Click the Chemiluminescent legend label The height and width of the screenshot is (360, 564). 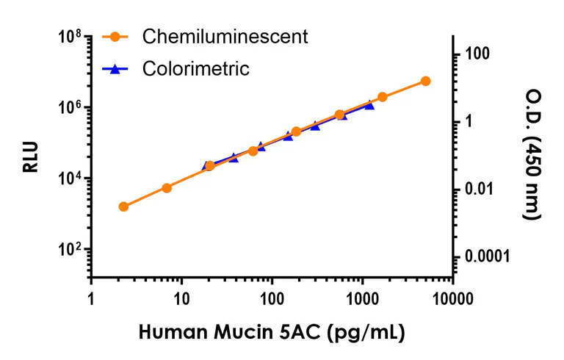225,35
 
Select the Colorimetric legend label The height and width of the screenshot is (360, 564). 196,69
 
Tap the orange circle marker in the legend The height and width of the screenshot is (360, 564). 115,35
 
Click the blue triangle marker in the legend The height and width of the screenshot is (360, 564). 115,69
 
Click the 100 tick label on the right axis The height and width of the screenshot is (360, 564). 478,54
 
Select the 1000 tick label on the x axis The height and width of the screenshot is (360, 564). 363,299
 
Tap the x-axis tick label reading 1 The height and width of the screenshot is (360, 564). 91,299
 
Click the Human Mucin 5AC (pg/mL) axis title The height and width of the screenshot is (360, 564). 271,332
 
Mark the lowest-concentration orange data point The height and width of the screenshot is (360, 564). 123,206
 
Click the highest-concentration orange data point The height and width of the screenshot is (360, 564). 425,81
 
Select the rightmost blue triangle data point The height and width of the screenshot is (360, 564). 369,105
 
